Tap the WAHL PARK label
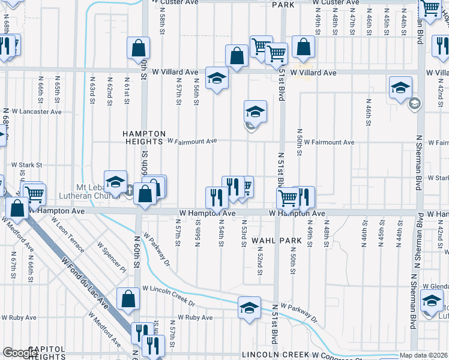(x=276, y=240)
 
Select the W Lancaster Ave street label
(x=37, y=112)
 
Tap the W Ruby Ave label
(x=195, y=317)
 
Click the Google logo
(x=20, y=353)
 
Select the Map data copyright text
(x=424, y=355)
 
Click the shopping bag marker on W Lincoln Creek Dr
(x=128, y=299)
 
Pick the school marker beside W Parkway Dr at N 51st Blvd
(x=249, y=308)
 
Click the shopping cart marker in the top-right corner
(x=430, y=8)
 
